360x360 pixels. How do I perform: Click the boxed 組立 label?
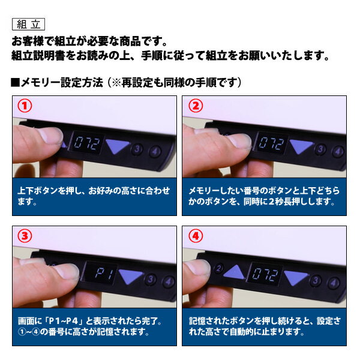coord(28,25)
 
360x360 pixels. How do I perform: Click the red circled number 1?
coord(25,106)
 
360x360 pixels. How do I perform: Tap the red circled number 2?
coord(196,106)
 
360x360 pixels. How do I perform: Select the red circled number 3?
coord(25,236)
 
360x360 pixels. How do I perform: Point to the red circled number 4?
coord(196,236)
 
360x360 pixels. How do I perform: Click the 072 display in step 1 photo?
coord(87,143)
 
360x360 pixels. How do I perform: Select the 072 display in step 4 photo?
coord(265,274)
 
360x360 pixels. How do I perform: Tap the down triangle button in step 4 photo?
coord(296,277)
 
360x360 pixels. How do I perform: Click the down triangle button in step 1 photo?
coord(117,146)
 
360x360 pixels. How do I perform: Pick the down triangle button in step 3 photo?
coord(130,277)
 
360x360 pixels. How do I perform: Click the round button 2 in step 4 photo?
coord(218,268)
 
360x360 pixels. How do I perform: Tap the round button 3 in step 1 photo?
coord(137,149)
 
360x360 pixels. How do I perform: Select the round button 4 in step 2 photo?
coord(338,151)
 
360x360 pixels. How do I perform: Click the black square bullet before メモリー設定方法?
coord(15,82)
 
